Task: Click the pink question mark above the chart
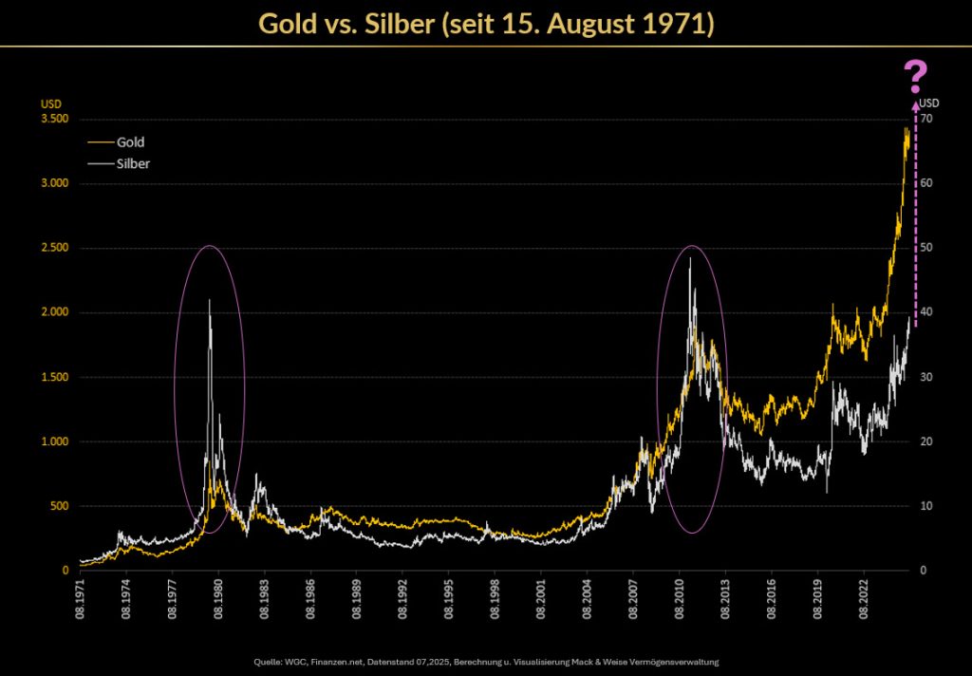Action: point(915,75)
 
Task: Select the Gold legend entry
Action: point(130,142)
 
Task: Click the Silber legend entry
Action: point(133,163)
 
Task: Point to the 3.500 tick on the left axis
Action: point(55,119)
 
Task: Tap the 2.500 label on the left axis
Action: point(55,248)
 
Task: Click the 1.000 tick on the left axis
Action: point(55,441)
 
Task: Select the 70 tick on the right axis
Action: point(925,119)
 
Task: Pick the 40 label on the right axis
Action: point(925,312)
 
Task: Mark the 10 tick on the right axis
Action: point(925,506)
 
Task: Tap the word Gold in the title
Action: point(290,23)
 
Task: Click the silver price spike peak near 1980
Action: point(209,300)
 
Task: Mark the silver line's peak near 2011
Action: point(689,258)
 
